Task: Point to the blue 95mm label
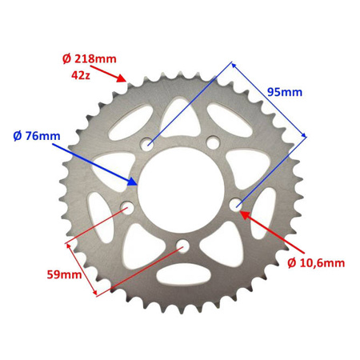[284, 92]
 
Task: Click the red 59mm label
[65, 276]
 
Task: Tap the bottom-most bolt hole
[183, 245]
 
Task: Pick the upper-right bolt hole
[212, 142]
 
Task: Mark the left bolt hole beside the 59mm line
[126, 210]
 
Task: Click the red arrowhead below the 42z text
[122, 78]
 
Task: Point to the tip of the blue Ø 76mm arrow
[139, 183]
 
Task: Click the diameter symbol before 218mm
[67, 58]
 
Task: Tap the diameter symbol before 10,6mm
[290, 262]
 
